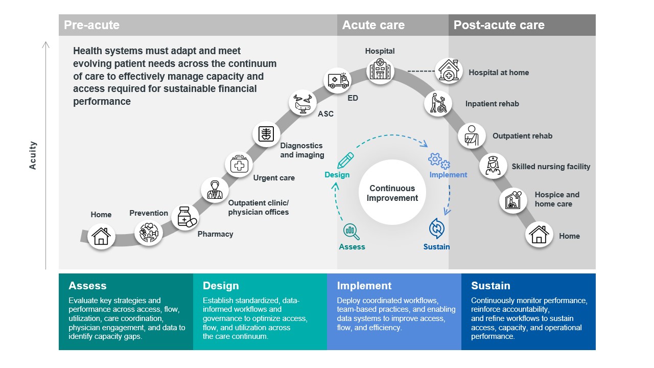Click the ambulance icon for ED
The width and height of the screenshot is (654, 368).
point(338,81)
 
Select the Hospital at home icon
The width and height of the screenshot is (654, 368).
point(449,71)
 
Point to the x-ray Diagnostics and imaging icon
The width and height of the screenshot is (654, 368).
point(266,134)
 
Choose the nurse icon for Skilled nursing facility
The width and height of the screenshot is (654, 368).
point(493,166)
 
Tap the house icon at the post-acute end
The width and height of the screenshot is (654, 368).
point(539,235)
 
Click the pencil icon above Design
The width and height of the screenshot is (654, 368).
point(345,160)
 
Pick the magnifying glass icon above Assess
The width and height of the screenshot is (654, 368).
point(352,232)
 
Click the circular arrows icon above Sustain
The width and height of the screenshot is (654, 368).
point(436,228)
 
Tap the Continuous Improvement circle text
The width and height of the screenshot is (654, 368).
point(392,193)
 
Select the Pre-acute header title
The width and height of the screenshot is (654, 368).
point(91,25)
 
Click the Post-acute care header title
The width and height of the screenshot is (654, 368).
point(499,25)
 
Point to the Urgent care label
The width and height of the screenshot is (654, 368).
point(274,178)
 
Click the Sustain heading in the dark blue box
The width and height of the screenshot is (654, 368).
point(491,286)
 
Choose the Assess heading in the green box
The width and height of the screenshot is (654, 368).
point(87,286)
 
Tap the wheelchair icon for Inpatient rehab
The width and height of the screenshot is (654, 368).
point(438,103)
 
